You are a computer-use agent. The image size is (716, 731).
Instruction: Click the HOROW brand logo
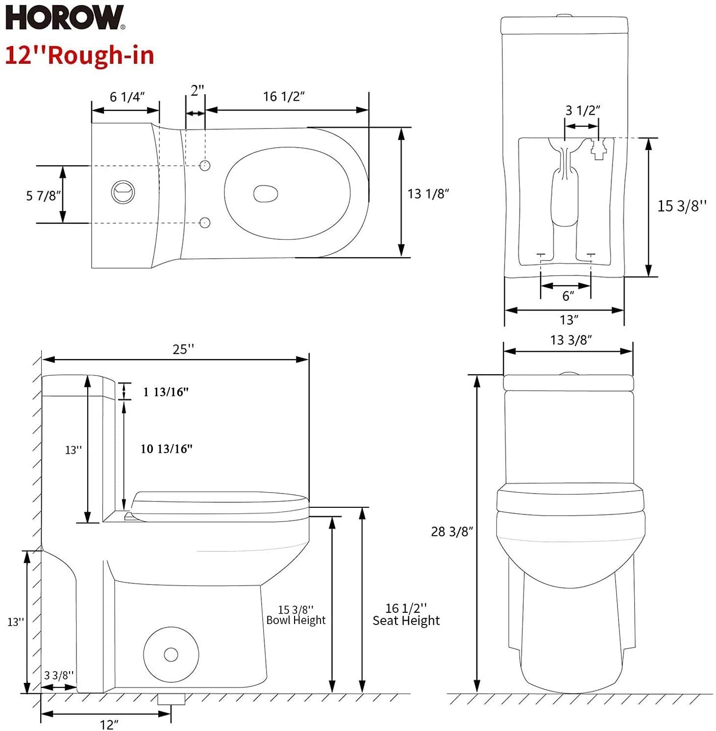coord(65,18)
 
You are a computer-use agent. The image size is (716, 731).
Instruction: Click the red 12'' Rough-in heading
coord(80,55)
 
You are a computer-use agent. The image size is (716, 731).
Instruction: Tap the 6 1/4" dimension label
coord(127,97)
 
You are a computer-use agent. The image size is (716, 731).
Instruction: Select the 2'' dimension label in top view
coord(197,91)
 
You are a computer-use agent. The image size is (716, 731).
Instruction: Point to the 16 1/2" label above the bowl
coord(284,97)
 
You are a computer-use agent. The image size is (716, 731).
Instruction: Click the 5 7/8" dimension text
coord(43,196)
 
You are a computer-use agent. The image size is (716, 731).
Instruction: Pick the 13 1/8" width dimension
coord(428,194)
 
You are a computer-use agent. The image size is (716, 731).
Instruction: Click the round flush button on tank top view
coord(123,191)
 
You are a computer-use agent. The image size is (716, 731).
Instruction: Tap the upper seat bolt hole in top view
coord(205,165)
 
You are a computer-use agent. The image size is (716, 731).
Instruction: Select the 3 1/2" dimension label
coord(583,110)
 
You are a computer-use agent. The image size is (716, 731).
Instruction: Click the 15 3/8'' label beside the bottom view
coord(682,206)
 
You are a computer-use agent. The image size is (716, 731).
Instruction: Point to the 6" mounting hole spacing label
coord(568,296)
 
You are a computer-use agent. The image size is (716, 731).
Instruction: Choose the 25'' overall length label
coord(183,349)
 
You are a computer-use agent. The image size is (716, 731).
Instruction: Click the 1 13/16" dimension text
coord(166,392)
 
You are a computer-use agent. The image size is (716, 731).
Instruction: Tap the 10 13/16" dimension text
coord(166,449)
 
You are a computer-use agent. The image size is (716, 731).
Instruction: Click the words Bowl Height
coord(296,620)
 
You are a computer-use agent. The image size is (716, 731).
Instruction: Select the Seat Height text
coord(406,621)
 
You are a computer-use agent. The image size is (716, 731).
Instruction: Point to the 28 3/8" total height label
coord(451,532)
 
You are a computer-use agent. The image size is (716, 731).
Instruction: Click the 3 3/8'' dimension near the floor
coord(59,676)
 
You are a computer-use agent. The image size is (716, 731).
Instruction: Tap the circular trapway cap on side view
coord(171,654)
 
